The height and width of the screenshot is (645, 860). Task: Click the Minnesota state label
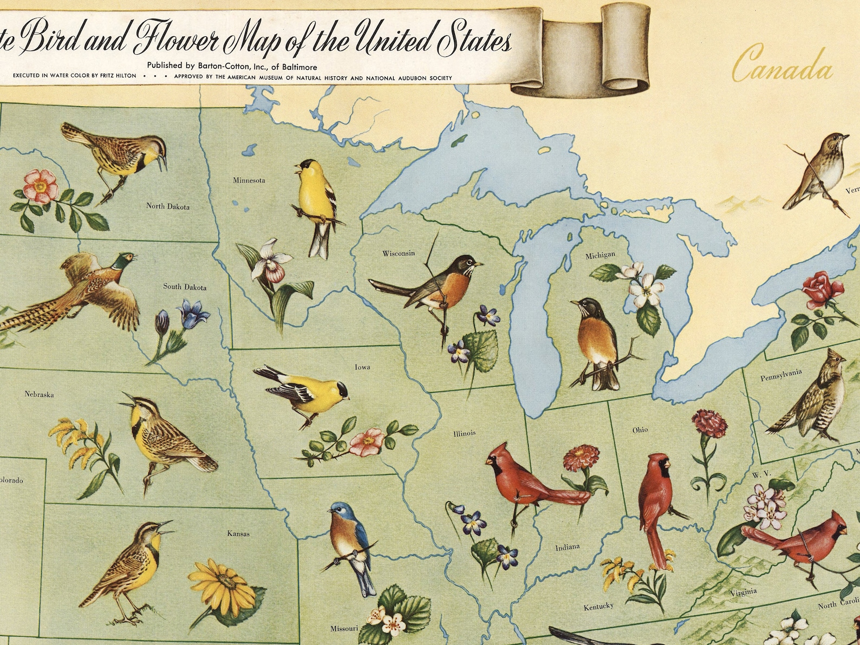pyautogui.click(x=249, y=180)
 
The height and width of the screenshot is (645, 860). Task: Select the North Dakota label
pyautogui.click(x=168, y=206)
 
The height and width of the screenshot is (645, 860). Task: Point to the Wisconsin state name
pyautogui.click(x=399, y=253)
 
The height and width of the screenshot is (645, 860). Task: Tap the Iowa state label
pyautogui.click(x=362, y=367)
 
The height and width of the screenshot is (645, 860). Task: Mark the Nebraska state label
pyautogui.click(x=39, y=394)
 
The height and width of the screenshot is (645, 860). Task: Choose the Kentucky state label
pyautogui.click(x=598, y=607)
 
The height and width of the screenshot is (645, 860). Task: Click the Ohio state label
pyautogui.click(x=640, y=430)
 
